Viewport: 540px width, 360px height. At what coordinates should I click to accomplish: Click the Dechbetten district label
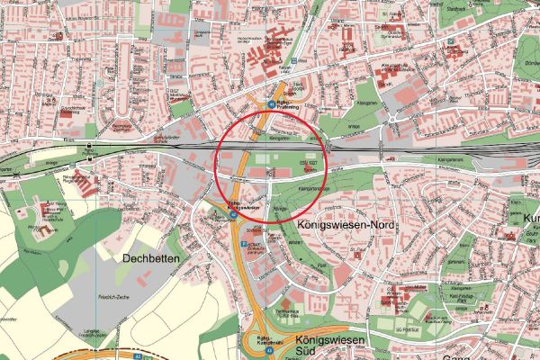point(149,257)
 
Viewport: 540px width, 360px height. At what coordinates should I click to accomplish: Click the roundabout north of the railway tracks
point(392,117)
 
